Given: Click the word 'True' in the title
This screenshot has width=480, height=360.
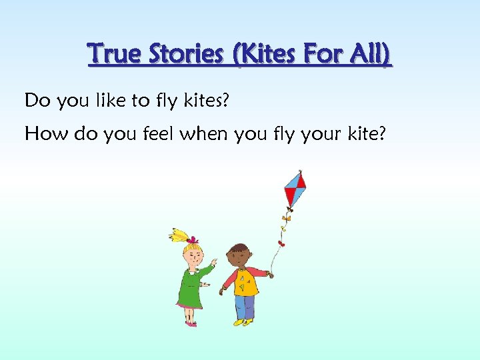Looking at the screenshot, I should [x=112, y=54].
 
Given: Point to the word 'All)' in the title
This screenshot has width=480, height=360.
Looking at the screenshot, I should [x=371, y=54].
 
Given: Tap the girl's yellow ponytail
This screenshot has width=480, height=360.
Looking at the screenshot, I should [x=179, y=235].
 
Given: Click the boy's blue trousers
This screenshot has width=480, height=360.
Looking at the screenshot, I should [x=245, y=307].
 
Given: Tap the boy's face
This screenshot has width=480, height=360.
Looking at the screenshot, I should [x=238, y=256].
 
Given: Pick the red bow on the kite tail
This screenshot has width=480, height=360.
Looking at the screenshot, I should [x=281, y=243].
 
